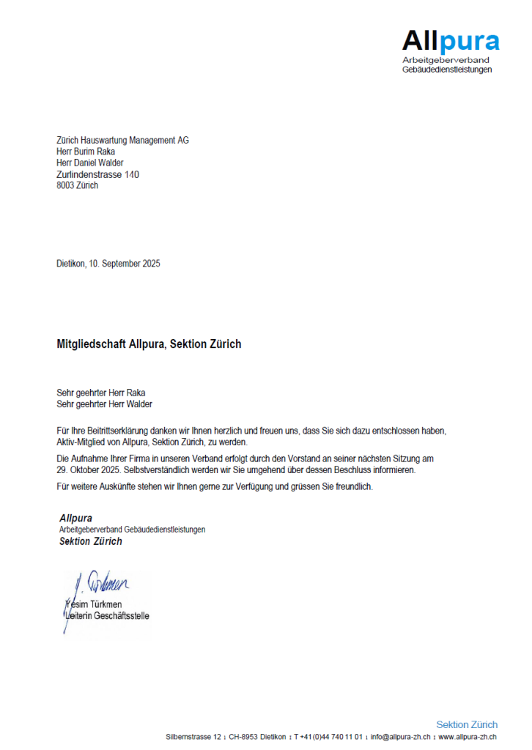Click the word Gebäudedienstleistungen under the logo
(447, 70)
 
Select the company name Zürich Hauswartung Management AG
(122, 141)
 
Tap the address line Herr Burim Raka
(86, 152)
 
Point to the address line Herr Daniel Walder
(90, 163)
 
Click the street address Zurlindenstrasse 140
(97, 174)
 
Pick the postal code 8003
(66, 185)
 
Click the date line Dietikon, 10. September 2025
(108, 264)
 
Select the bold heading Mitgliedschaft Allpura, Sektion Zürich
(149, 344)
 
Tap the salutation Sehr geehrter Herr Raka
(101, 393)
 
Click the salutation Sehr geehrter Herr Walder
(104, 404)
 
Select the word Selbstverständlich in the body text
(158, 470)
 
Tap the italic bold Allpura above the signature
(75, 519)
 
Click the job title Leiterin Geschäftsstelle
(106, 615)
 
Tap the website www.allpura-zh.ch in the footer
(468, 737)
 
